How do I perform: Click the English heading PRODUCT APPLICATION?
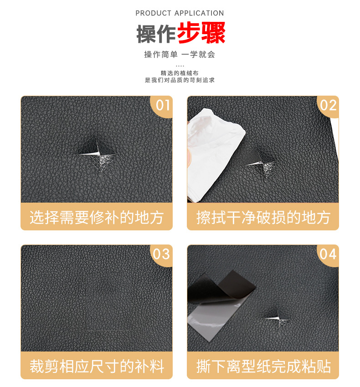click(x=180, y=13)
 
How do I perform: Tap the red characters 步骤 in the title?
click(x=201, y=33)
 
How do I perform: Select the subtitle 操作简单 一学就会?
click(x=180, y=54)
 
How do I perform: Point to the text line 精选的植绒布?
click(x=180, y=73)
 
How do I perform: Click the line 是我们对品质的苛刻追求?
click(x=180, y=80)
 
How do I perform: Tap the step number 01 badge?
click(x=162, y=106)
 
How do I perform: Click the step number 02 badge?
click(x=328, y=106)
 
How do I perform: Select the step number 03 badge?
click(x=162, y=254)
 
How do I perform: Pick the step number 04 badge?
click(x=328, y=254)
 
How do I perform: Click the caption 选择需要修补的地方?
click(x=97, y=217)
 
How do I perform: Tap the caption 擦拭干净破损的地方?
click(x=263, y=217)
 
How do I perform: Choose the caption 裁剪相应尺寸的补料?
click(x=97, y=366)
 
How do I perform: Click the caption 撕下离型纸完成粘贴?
click(x=263, y=366)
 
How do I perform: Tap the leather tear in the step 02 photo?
click(x=262, y=163)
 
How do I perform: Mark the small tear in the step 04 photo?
click(x=277, y=318)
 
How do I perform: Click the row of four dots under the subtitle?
click(x=180, y=66)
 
